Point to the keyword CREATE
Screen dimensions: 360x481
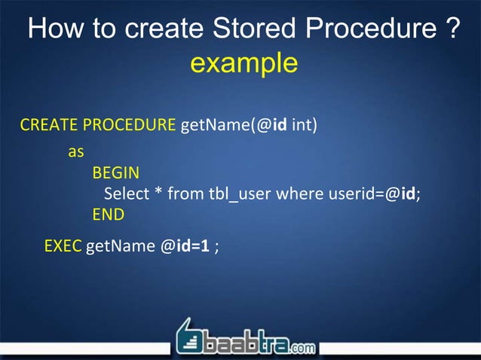tap(48, 124)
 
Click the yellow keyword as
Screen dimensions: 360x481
tap(76, 151)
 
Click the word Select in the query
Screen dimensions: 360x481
tap(127, 194)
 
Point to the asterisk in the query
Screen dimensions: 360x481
tap(158, 194)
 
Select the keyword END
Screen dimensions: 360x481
tap(108, 215)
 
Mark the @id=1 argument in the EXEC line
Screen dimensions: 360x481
tap(185, 246)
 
